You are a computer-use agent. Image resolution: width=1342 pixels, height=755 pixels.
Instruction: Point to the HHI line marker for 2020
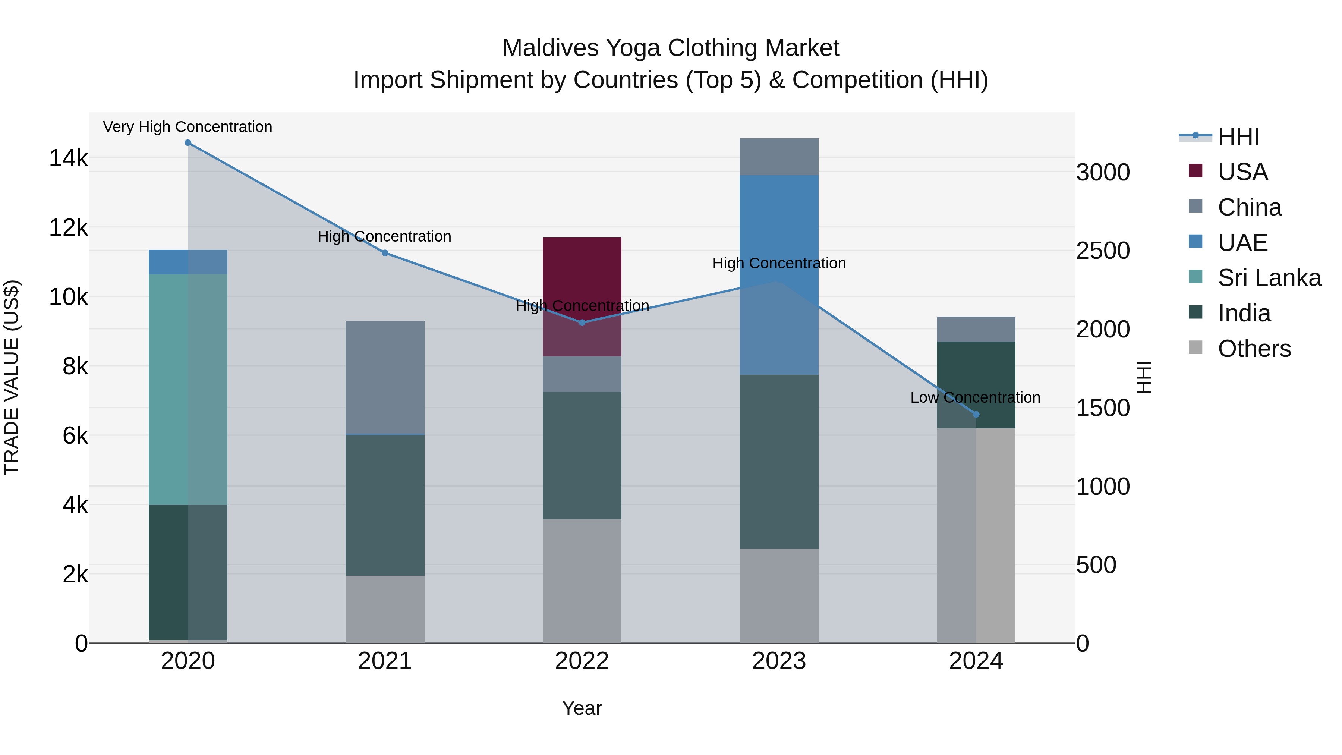coord(188,143)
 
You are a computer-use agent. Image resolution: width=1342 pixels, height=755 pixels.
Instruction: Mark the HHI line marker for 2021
coord(385,253)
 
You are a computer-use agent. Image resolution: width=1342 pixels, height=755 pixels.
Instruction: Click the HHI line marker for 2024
coord(976,415)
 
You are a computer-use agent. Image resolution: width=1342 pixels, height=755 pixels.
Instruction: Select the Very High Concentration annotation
coord(188,127)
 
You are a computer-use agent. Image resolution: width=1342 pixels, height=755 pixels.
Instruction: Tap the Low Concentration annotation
coord(975,397)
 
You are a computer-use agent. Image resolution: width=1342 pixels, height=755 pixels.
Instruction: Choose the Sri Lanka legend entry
coord(1269,278)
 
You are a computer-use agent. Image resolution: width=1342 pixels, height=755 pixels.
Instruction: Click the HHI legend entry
coord(1238,136)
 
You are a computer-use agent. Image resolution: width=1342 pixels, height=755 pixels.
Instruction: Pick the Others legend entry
coord(1254,349)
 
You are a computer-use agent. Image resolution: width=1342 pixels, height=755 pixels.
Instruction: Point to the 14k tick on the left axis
coord(68,158)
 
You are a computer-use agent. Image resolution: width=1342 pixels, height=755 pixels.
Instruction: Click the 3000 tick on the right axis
coord(1103,173)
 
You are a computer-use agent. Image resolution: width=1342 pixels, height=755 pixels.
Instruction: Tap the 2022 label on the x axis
coord(582,661)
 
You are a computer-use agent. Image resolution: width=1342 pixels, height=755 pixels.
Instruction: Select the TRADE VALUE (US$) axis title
coord(12,377)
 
